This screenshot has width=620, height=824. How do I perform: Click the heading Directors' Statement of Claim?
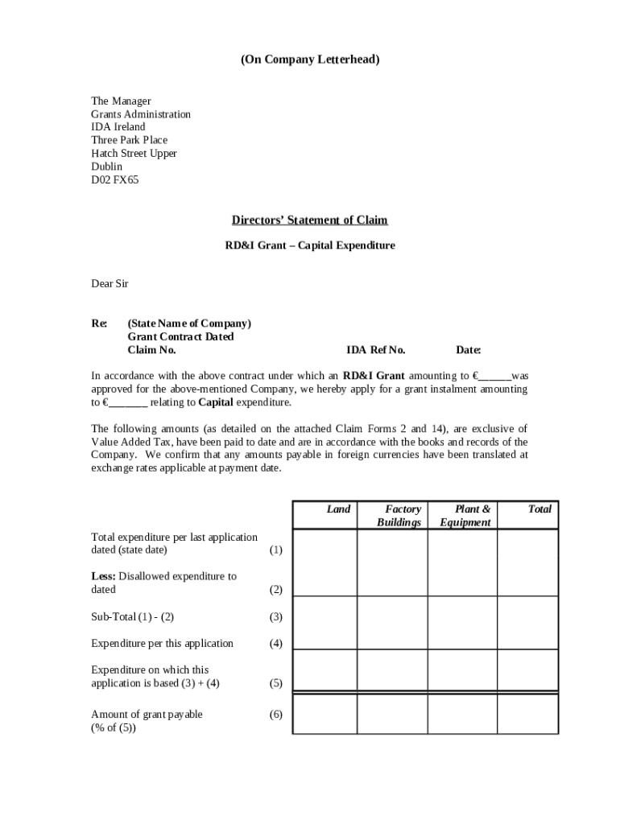pyautogui.click(x=309, y=220)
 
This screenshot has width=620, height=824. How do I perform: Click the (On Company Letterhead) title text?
pyautogui.click(x=310, y=60)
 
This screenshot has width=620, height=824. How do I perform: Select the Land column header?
pyautogui.click(x=338, y=509)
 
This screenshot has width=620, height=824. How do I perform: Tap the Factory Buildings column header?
pyautogui.click(x=400, y=516)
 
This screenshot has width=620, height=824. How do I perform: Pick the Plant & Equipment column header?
pyautogui.click(x=466, y=516)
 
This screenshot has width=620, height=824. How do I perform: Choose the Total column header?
pyautogui.click(x=539, y=509)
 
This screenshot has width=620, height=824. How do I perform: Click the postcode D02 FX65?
pyautogui.click(x=114, y=179)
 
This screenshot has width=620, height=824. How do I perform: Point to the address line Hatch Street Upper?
pyautogui.click(x=134, y=153)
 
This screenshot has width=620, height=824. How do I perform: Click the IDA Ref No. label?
pyautogui.click(x=376, y=350)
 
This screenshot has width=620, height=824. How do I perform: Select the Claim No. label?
pyautogui.click(x=151, y=350)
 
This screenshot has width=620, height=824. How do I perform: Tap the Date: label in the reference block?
pyautogui.click(x=469, y=350)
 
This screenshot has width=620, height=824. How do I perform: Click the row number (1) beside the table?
pyautogui.click(x=276, y=550)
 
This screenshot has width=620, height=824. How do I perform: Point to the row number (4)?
pyautogui.click(x=276, y=644)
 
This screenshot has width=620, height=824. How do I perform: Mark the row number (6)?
pyautogui.click(x=276, y=715)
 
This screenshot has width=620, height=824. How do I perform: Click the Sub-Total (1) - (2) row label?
pyautogui.click(x=132, y=617)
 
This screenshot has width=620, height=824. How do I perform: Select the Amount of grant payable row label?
pyautogui.click(x=147, y=715)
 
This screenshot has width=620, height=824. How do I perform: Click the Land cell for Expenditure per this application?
pyautogui.click(x=324, y=636)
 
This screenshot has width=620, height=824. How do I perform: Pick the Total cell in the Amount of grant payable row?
pyautogui.click(x=527, y=714)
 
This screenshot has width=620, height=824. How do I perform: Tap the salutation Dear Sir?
pyautogui.click(x=110, y=284)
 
